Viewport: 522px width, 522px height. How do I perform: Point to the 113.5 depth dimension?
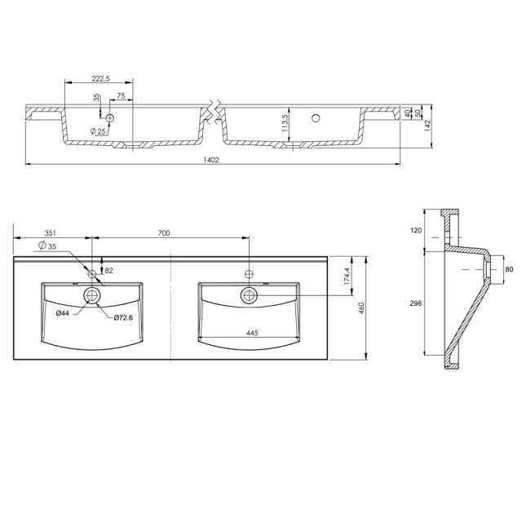tap(285, 122)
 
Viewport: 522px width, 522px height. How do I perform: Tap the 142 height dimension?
tap(427, 126)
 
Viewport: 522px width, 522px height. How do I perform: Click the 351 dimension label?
tap(52, 233)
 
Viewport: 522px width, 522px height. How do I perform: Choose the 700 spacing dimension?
tap(163, 233)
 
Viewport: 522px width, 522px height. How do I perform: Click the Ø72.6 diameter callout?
tap(123, 316)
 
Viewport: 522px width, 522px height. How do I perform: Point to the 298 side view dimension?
tap(416, 303)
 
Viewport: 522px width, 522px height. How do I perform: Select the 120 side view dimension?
tap(416, 231)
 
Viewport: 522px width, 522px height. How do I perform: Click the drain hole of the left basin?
tap(92, 294)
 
